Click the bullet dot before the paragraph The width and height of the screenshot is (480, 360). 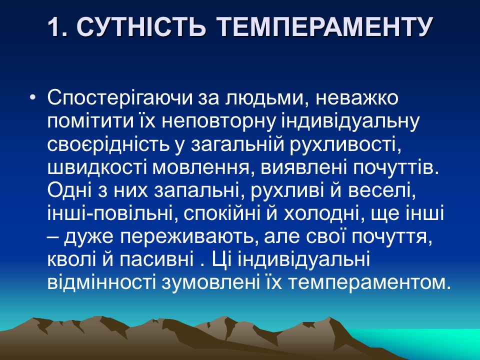pos(33,98)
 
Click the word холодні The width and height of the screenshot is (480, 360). pos(321,213)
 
